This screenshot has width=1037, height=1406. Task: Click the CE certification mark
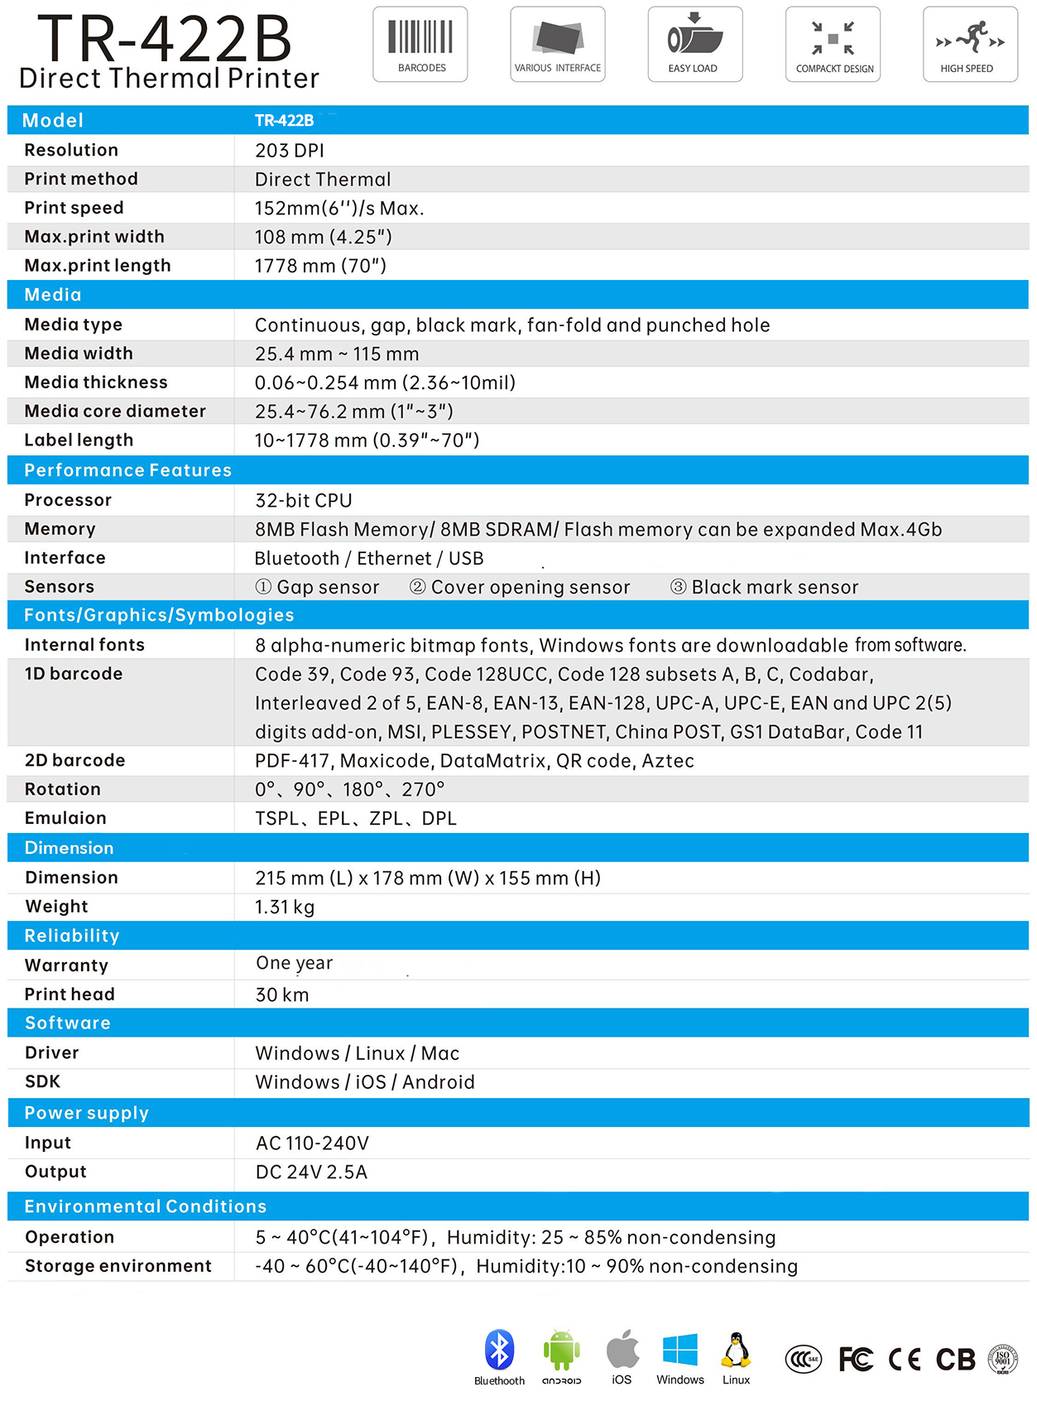click(904, 1360)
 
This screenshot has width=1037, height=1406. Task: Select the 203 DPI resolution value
click(290, 151)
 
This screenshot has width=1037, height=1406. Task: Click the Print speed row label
click(74, 208)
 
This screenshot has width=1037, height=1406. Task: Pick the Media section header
click(53, 295)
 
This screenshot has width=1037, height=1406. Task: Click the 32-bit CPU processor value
click(304, 500)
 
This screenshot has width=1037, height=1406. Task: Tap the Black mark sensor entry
click(765, 587)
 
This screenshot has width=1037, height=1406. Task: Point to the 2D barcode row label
click(74, 760)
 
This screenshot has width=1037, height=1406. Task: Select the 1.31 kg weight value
click(285, 907)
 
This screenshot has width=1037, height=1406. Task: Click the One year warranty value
click(295, 963)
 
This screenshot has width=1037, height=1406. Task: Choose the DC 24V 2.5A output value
click(311, 1172)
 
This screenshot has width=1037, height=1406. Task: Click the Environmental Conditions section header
click(146, 1206)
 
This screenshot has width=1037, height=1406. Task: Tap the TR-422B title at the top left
click(165, 38)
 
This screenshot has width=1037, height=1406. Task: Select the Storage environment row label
click(118, 1266)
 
